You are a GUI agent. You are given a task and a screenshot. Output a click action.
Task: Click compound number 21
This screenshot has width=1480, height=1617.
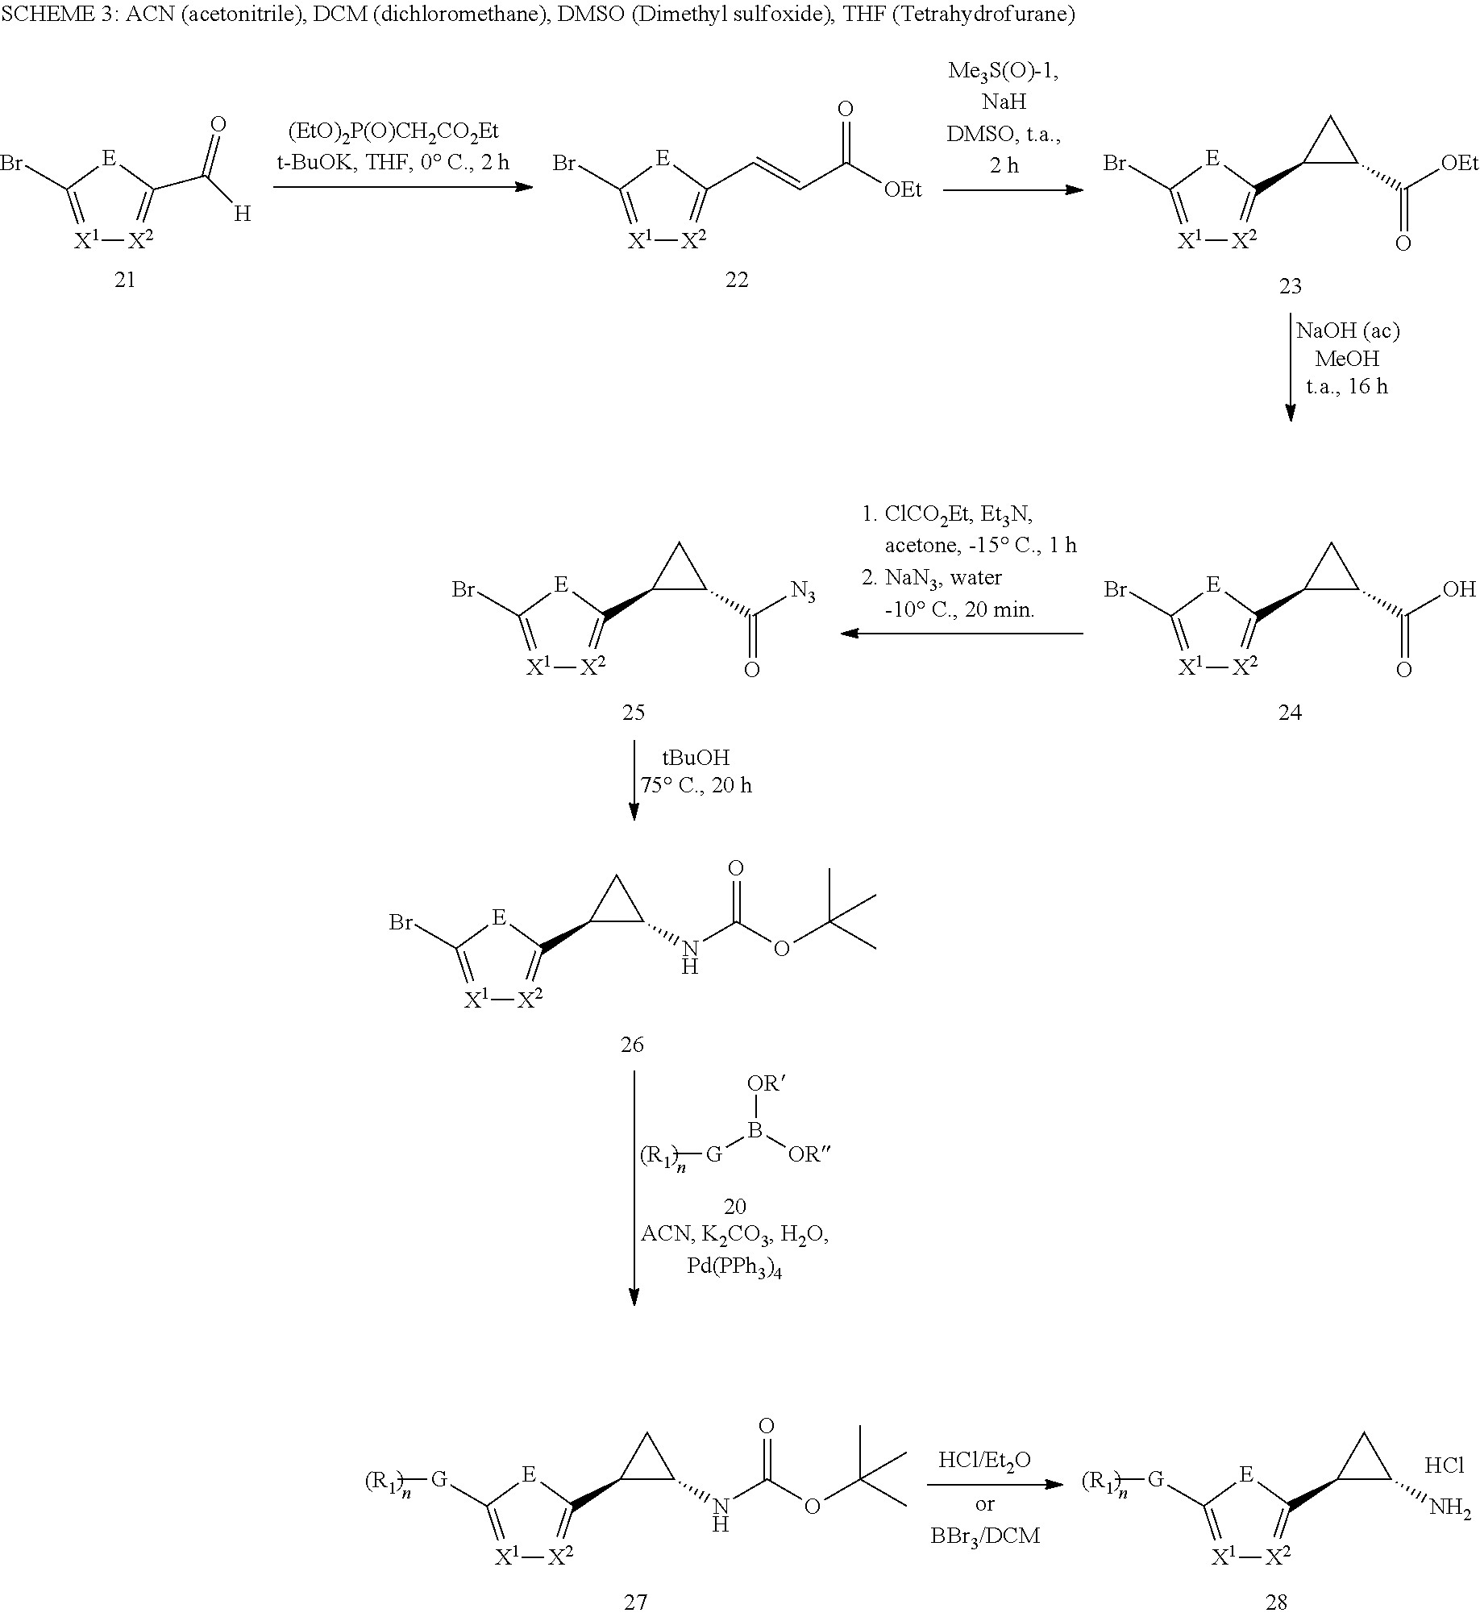click(x=125, y=280)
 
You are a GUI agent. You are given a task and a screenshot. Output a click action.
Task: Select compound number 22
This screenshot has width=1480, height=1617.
click(x=737, y=280)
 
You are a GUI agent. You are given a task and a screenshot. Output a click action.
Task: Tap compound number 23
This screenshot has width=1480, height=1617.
click(x=1290, y=286)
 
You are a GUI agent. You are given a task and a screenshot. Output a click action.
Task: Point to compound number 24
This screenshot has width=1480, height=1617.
click(x=1290, y=713)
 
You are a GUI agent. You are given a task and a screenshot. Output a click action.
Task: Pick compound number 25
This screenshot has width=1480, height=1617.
click(x=634, y=713)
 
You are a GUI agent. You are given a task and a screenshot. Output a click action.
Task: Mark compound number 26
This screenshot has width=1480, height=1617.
click(x=633, y=1045)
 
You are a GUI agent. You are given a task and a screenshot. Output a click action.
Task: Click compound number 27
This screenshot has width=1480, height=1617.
click(x=636, y=1602)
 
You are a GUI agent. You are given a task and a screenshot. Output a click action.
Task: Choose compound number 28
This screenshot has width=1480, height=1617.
click(x=1277, y=1602)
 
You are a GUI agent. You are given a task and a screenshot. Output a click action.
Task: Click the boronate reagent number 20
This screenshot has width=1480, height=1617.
click(x=735, y=1207)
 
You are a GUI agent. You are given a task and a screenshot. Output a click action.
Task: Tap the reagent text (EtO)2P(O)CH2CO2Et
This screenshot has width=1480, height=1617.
click(x=393, y=133)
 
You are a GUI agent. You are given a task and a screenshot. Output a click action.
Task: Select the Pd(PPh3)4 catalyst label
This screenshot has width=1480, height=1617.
click(x=735, y=1266)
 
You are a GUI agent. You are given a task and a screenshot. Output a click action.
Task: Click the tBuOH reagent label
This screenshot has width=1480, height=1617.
click(x=696, y=758)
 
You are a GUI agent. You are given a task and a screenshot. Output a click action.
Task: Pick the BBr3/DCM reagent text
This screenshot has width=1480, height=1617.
click(x=985, y=1536)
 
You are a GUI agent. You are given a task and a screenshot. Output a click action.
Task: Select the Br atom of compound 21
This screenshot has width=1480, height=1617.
click(x=12, y=164)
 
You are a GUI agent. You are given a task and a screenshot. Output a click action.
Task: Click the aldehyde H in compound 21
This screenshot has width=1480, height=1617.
click(x=243, y=214)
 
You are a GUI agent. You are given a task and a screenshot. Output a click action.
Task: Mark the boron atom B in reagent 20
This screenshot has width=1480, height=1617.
click(x=755, y=1132)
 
